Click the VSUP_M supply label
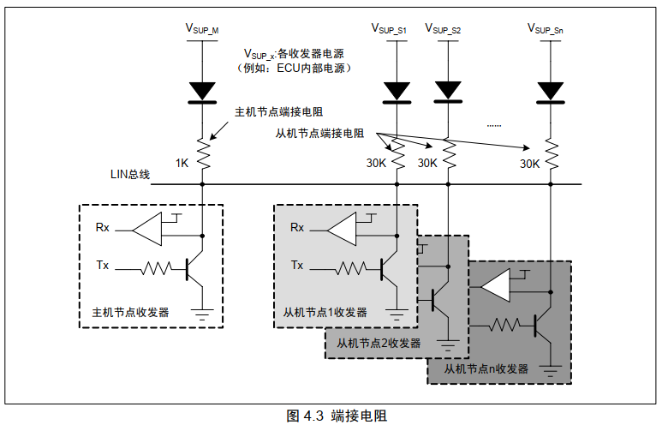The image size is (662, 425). [x=202, y=27]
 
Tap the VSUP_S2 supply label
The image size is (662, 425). [x=444, y=29]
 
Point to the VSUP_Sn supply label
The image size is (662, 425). [x=546, y=28]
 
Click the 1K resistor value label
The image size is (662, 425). [x=182, y=163]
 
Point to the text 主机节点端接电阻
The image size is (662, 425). [x=277, y=111]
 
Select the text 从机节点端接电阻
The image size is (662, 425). [x=319, y=134]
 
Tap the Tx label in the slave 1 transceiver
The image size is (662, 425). [x=296, y=266]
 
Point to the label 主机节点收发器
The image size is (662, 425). [x=130, y=312]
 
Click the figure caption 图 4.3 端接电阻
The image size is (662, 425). [x=336, y=416]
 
